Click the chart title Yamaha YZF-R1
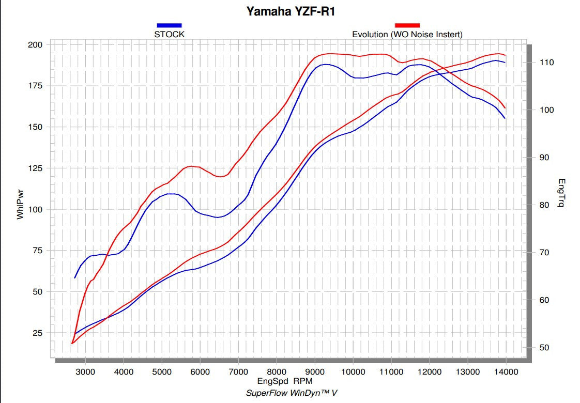290,11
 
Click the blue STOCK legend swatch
169,25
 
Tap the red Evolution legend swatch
407,25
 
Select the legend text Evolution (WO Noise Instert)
407,35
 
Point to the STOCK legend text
169,35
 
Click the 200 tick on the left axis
35,45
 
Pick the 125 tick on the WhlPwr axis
35,168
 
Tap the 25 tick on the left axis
37,333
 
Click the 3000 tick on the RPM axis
86,371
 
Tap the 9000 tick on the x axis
315,371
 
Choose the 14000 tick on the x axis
506,371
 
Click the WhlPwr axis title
21,204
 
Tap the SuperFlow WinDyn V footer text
292,393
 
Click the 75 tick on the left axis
37,250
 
